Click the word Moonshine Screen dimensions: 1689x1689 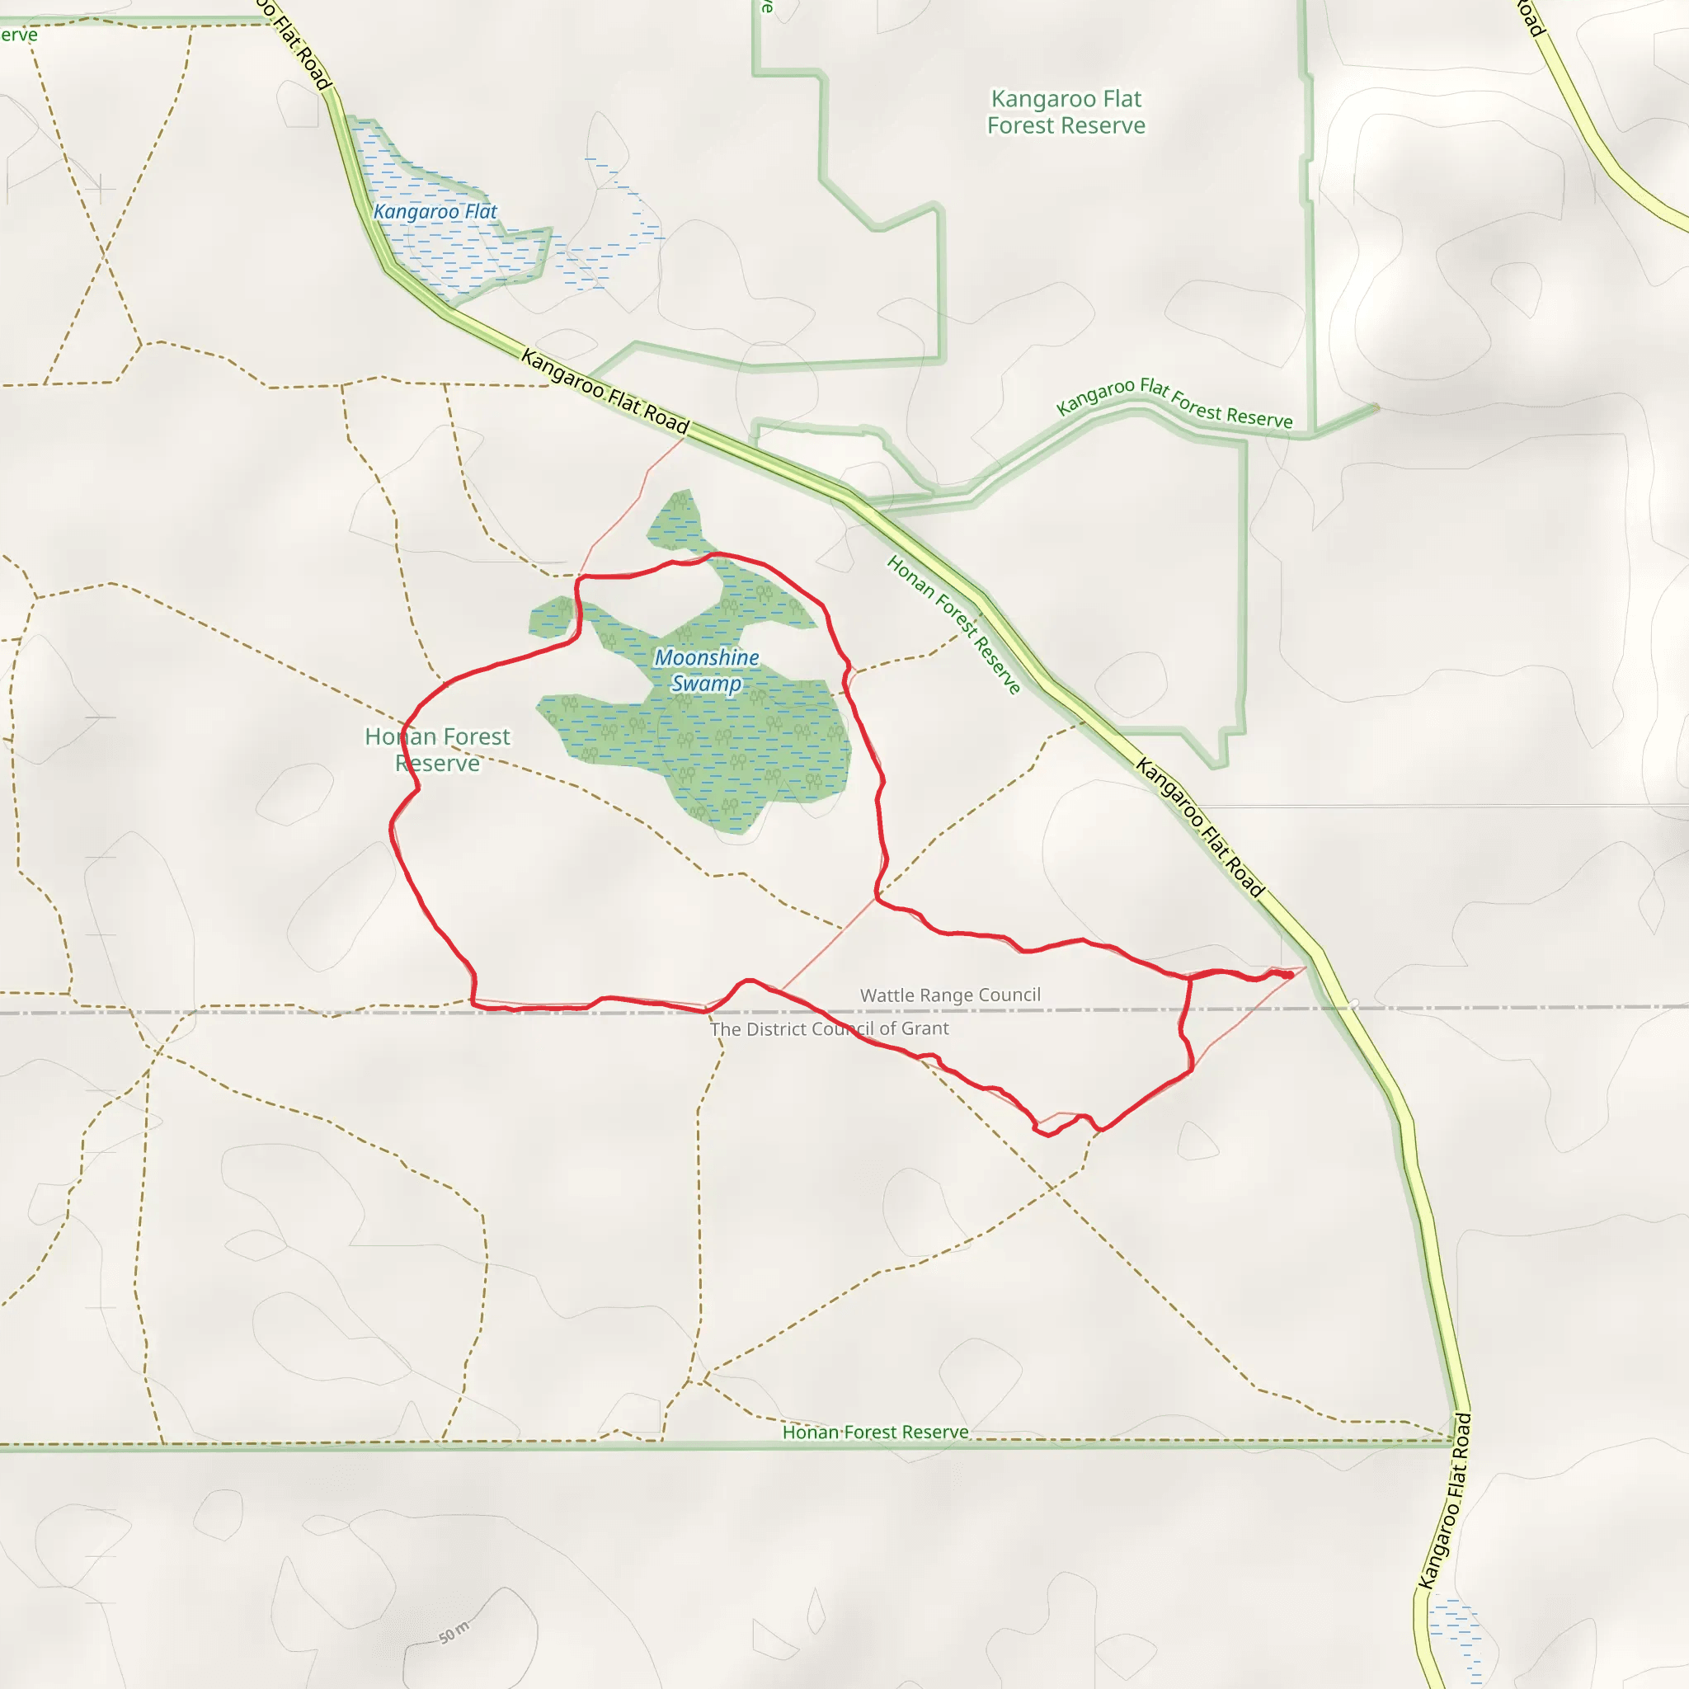707,657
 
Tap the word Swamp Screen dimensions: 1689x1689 707,684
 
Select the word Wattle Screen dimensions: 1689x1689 887,995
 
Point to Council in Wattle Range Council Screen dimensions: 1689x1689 1011,995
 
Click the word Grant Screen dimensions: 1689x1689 925,1028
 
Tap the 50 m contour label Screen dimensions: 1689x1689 454,1632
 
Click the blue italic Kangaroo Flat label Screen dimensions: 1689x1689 435,212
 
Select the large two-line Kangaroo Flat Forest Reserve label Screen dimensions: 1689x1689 1066,112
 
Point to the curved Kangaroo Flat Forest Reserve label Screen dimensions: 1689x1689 1174,403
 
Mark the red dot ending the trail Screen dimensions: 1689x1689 1289,975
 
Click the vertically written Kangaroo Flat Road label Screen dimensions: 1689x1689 1444,1501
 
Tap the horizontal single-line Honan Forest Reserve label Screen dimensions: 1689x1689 875,1432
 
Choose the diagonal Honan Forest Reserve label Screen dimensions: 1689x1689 953,624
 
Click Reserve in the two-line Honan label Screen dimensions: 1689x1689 437,764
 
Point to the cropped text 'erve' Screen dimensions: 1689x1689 18,35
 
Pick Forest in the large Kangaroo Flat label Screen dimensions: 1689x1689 1030,126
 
